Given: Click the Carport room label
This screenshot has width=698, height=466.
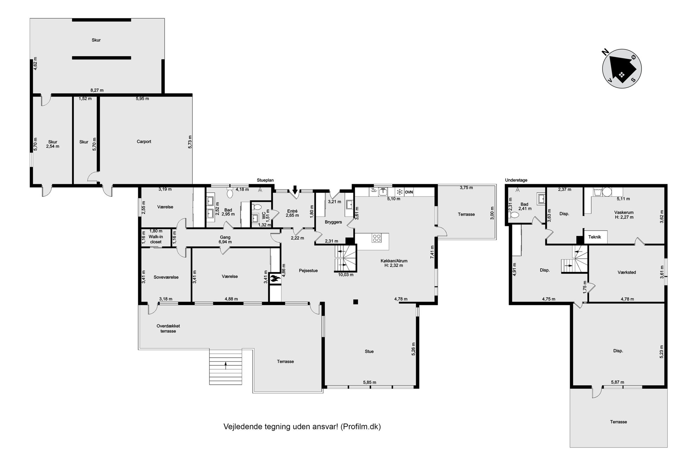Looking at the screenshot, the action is point(144,142).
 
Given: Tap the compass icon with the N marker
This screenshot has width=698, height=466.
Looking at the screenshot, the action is point(622,69).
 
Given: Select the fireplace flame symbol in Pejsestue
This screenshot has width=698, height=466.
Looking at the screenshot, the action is point(275,279).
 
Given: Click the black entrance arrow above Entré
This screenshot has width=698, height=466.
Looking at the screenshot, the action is point(295,189).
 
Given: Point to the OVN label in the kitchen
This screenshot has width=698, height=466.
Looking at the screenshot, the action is point(409,192).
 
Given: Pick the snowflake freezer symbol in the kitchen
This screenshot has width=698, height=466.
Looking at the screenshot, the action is point(400,192).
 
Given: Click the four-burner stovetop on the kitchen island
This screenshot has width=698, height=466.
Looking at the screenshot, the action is point(376,238).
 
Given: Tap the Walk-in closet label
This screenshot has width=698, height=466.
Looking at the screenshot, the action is point(156,239).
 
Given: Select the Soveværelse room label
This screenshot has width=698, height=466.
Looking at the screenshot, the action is point(166,277).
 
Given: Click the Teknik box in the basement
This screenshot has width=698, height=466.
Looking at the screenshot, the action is point(595,237).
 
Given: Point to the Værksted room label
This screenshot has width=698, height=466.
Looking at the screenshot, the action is point(627,272).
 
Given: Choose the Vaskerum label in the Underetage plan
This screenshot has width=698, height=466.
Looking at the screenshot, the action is point(624,212).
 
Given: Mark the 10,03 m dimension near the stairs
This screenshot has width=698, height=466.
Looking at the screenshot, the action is point(345,275).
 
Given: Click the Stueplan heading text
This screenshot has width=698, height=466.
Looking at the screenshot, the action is point(265,180).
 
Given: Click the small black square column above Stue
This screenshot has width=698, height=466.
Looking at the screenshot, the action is point(356,302).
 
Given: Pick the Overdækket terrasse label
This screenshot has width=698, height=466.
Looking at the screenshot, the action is point(168,329).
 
